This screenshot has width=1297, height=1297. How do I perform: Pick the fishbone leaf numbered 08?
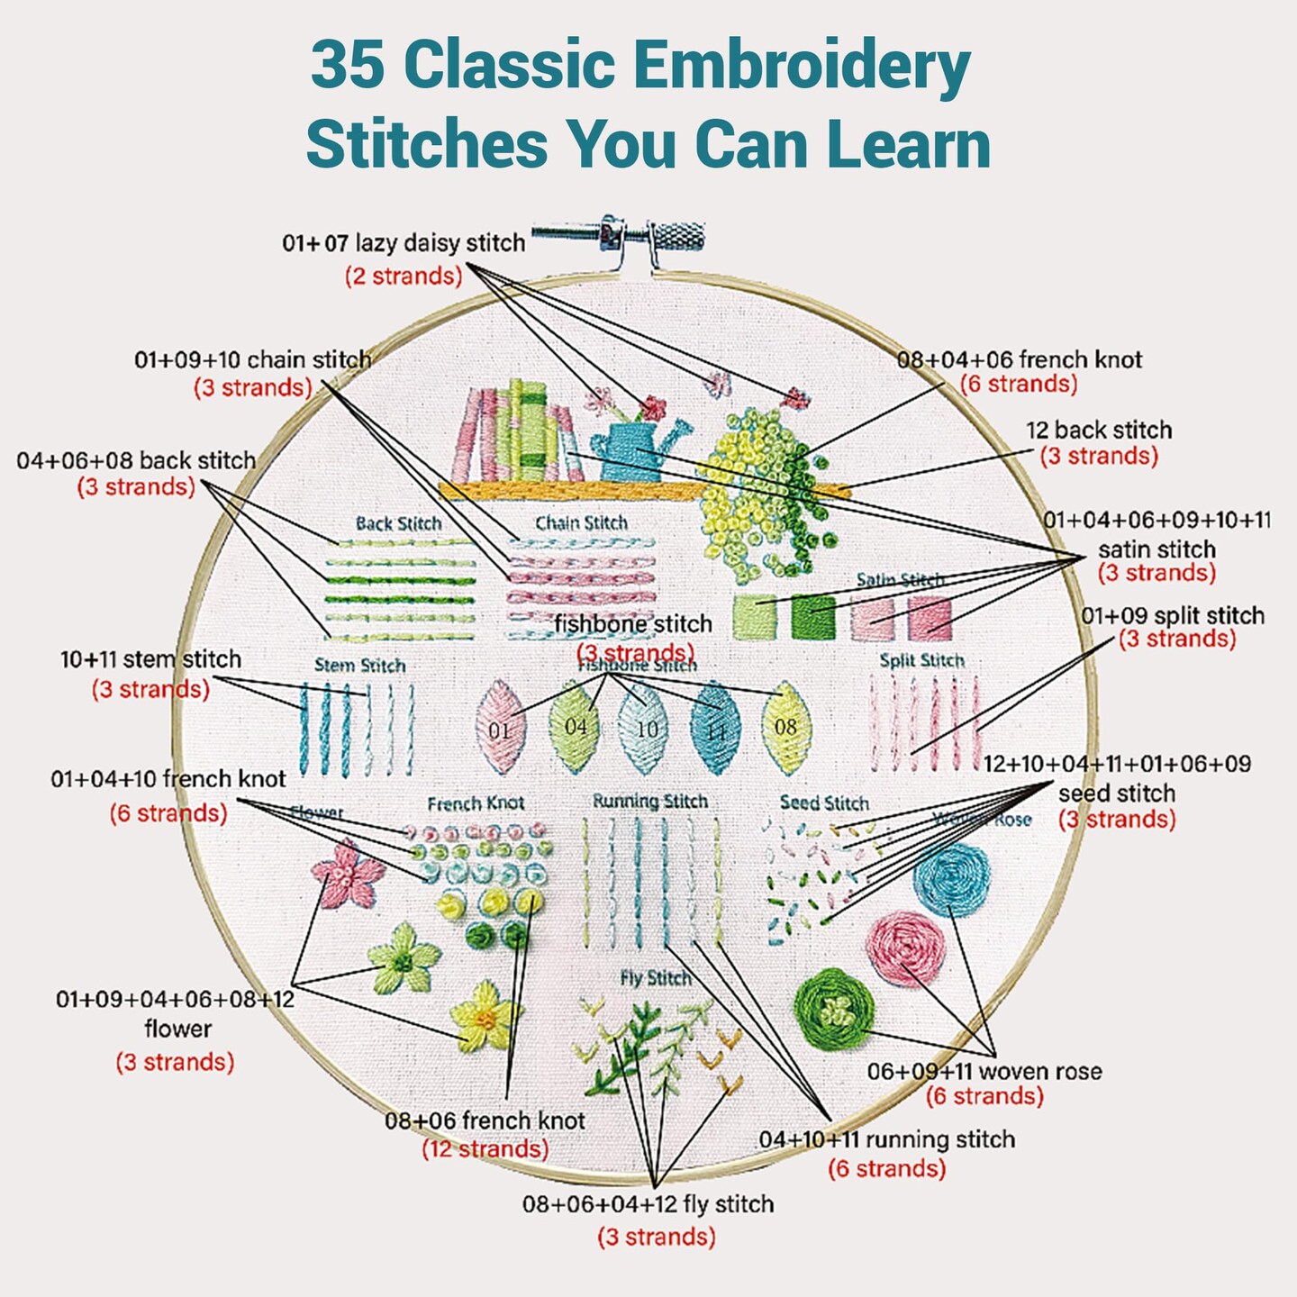[785, 726]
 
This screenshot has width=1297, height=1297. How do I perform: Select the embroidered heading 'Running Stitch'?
[650, 801]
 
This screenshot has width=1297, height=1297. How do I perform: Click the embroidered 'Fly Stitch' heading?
[656, 978]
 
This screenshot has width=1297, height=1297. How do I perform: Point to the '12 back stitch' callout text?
[1099, 430]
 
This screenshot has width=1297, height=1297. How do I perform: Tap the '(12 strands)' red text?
[485, 1149]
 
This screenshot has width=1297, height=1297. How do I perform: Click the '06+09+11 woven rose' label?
[984, 1071]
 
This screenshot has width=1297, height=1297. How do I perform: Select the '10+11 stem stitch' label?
[150, 659]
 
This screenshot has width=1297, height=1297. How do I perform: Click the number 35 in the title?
[349, 67]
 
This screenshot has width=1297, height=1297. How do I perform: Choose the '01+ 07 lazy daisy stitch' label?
[404, 243]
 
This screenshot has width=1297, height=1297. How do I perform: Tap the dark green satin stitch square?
[813, 616]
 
